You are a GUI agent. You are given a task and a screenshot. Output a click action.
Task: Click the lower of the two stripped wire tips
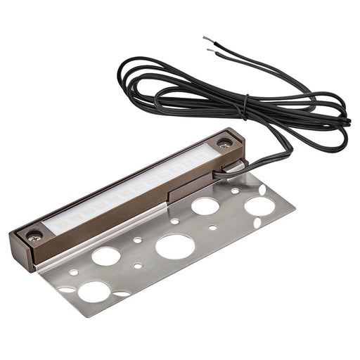pyautogui.click(x=210, y=50)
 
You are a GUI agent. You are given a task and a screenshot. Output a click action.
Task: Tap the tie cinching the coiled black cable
pyautogui.click(x=245, y=108)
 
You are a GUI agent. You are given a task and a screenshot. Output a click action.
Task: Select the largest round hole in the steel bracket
pyautogui.click(x=174, y=245)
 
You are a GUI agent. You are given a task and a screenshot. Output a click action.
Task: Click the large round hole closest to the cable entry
pyautogui.click(x=205, y=206)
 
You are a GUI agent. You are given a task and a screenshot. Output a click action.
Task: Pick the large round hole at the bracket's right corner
pyautogui.click(x=259, y=205)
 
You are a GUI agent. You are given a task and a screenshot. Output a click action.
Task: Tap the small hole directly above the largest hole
pyautogui.click(x=174, y=221)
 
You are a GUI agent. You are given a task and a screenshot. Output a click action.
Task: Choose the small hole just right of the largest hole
pyautogui.click(x=212, y=227)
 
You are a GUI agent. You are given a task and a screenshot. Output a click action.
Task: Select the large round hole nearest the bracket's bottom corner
pyautogui.click(x=94, y=290)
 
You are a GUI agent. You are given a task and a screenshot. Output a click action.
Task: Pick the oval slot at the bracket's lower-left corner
pyautogui.click(x=67, y=288)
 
